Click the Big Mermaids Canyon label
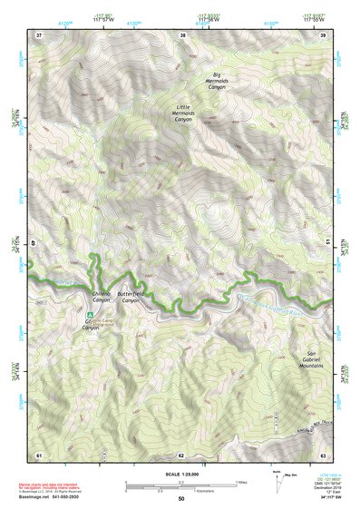216,80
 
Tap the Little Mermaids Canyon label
184,113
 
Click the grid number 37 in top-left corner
39,35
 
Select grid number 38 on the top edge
183,35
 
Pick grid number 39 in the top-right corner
324,35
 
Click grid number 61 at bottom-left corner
39,454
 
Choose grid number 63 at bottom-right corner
324,454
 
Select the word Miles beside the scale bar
240,482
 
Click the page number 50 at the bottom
181,499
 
